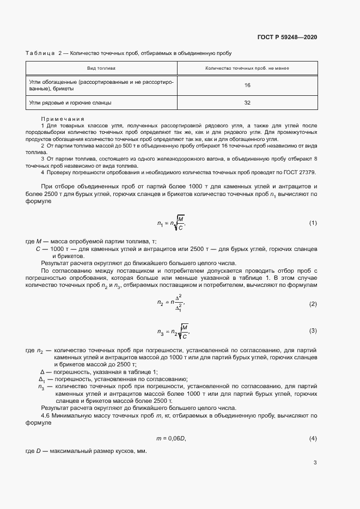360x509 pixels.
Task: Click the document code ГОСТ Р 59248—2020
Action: [x=287, y=37]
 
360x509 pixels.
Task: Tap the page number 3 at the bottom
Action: [x=315, y=463]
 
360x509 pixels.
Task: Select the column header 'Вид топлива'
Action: [x=102, y=69]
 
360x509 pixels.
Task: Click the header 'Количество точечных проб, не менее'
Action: [x=247, y=69]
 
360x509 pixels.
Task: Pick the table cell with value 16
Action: [x=247, y=85]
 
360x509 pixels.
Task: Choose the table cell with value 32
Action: [x=247, y=102]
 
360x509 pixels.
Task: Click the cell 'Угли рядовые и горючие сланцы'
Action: [x=71, y=102]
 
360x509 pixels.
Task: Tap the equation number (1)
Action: [x=313, y=223]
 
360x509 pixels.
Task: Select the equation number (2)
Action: [x=313, y=304]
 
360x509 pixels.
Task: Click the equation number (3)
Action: [x=313, y=330]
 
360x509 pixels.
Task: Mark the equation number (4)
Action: [x=313, y=438]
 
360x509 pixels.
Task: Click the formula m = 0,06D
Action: [x=172, y=438]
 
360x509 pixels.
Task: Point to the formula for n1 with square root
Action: [x=172, y=223]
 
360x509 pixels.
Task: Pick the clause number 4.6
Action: [x=46, y=415]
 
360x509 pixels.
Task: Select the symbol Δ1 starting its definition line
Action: [x=43, y=379]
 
